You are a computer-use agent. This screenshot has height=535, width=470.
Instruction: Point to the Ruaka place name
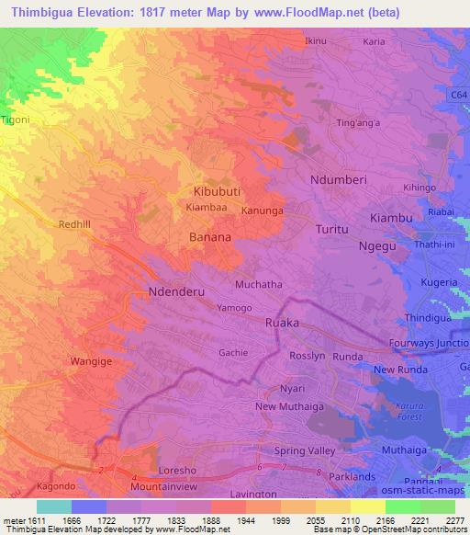tap(282, 323)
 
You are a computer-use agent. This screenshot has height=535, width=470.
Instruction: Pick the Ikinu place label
tap(315, 41)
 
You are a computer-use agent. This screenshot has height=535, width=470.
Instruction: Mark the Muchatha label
tap(259, 285)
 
